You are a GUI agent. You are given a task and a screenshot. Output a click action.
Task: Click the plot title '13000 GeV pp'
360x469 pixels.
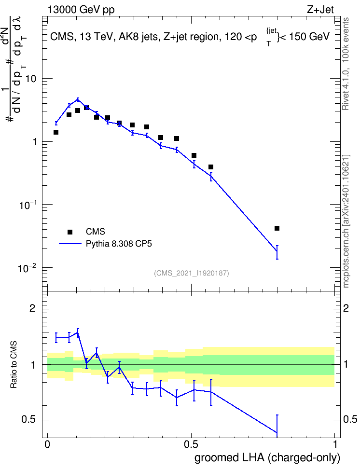(81, 10)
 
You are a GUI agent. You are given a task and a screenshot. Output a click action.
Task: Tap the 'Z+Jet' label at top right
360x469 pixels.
(320, 10)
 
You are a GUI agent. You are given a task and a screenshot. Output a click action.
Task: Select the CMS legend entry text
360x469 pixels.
(95, 232)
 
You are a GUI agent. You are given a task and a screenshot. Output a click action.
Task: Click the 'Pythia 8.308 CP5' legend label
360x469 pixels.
(119, 244)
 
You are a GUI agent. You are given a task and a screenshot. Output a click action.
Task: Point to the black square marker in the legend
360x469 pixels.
(70, 232)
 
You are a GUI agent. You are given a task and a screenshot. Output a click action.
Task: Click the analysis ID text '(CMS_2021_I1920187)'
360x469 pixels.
(192, 273)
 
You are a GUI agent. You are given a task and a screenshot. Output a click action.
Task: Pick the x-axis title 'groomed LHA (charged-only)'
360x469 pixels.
(267, 458)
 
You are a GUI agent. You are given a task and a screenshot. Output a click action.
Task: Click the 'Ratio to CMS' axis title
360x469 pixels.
(14, 365)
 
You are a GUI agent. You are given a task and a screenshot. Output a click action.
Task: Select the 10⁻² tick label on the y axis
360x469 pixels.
(27, 268)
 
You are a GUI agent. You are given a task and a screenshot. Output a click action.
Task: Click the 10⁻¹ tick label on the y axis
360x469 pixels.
(27, 205)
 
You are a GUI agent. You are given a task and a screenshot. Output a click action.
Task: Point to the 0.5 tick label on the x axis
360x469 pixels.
(191, 444)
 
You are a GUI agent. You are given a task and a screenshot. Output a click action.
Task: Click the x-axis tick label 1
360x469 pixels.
(335, 444)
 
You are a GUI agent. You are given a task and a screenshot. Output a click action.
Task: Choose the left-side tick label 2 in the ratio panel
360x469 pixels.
(32, 308)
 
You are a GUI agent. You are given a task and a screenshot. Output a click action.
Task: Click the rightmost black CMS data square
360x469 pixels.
(277, 228)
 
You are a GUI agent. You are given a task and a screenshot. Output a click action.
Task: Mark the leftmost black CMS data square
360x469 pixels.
(55, 132)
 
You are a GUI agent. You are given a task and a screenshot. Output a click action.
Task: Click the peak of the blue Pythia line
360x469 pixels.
(78, 99)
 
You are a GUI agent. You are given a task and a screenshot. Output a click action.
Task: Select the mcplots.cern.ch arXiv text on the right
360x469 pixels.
(346, 221)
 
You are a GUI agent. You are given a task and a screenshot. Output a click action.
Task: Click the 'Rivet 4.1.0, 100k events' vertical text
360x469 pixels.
(346, 64)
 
